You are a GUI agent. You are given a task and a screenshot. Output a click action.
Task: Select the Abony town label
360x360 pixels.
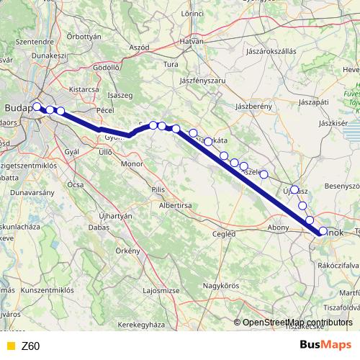coord(278,227)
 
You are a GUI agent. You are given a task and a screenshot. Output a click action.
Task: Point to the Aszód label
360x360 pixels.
coord(139,46)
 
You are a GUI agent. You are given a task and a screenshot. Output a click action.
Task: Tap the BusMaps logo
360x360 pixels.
coord(325,345)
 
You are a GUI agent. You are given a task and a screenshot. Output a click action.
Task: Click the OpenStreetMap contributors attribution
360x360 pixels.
coord(297,323)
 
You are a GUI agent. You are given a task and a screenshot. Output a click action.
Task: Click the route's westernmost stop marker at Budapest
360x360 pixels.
coord(37,107)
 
